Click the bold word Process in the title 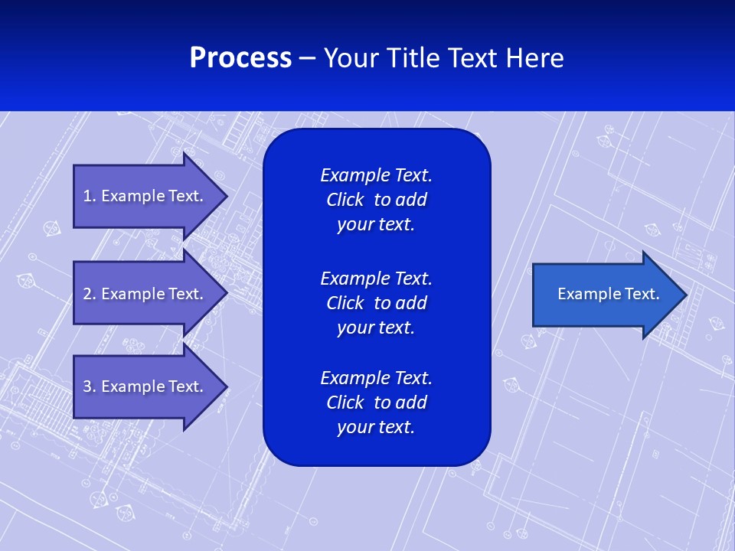pos(240,58)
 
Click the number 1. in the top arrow pos(89,196)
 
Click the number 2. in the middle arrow pos(89,294)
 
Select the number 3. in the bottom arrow pos(89,386)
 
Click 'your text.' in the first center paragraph pos(376,225)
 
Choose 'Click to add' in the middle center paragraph pos(376,303)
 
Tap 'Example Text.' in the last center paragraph pos(376,378)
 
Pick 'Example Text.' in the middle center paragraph pos(376,279)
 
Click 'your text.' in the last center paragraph pos(376,427)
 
